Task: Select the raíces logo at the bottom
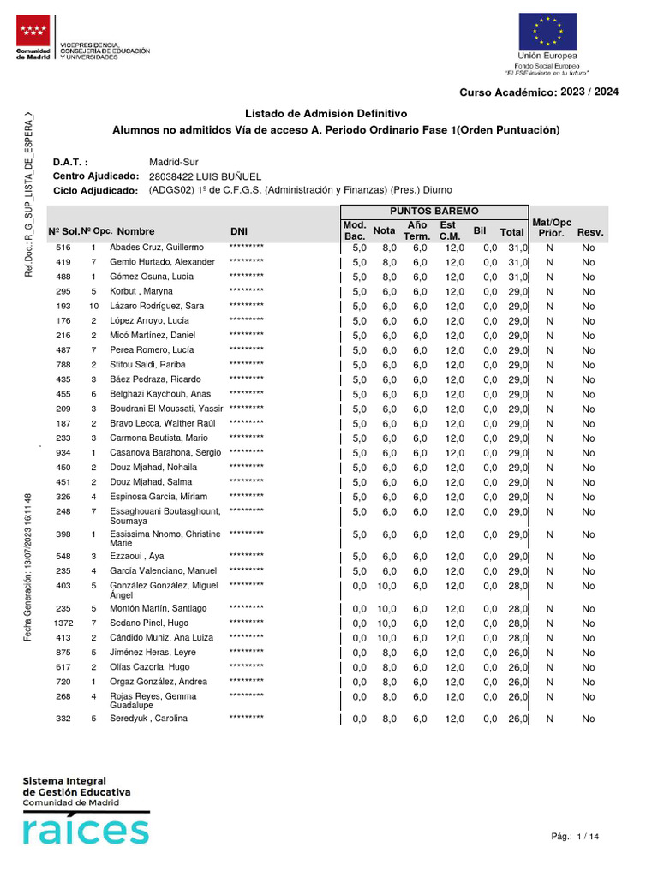click(85, 830)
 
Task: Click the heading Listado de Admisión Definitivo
click(326, 114)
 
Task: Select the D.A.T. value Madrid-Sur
click(174, 161)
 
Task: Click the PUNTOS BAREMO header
click(434, 211)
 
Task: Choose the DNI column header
click(240, 231)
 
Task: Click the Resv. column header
click(590, 231)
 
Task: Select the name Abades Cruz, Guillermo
click(158, 248)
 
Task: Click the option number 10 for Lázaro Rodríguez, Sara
click(93, 307)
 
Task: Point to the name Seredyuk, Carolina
click(150, 719)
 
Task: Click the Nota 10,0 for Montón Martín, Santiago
click(388, 609)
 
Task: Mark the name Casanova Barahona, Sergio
click(165, 453)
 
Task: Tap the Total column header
click(511, 231)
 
